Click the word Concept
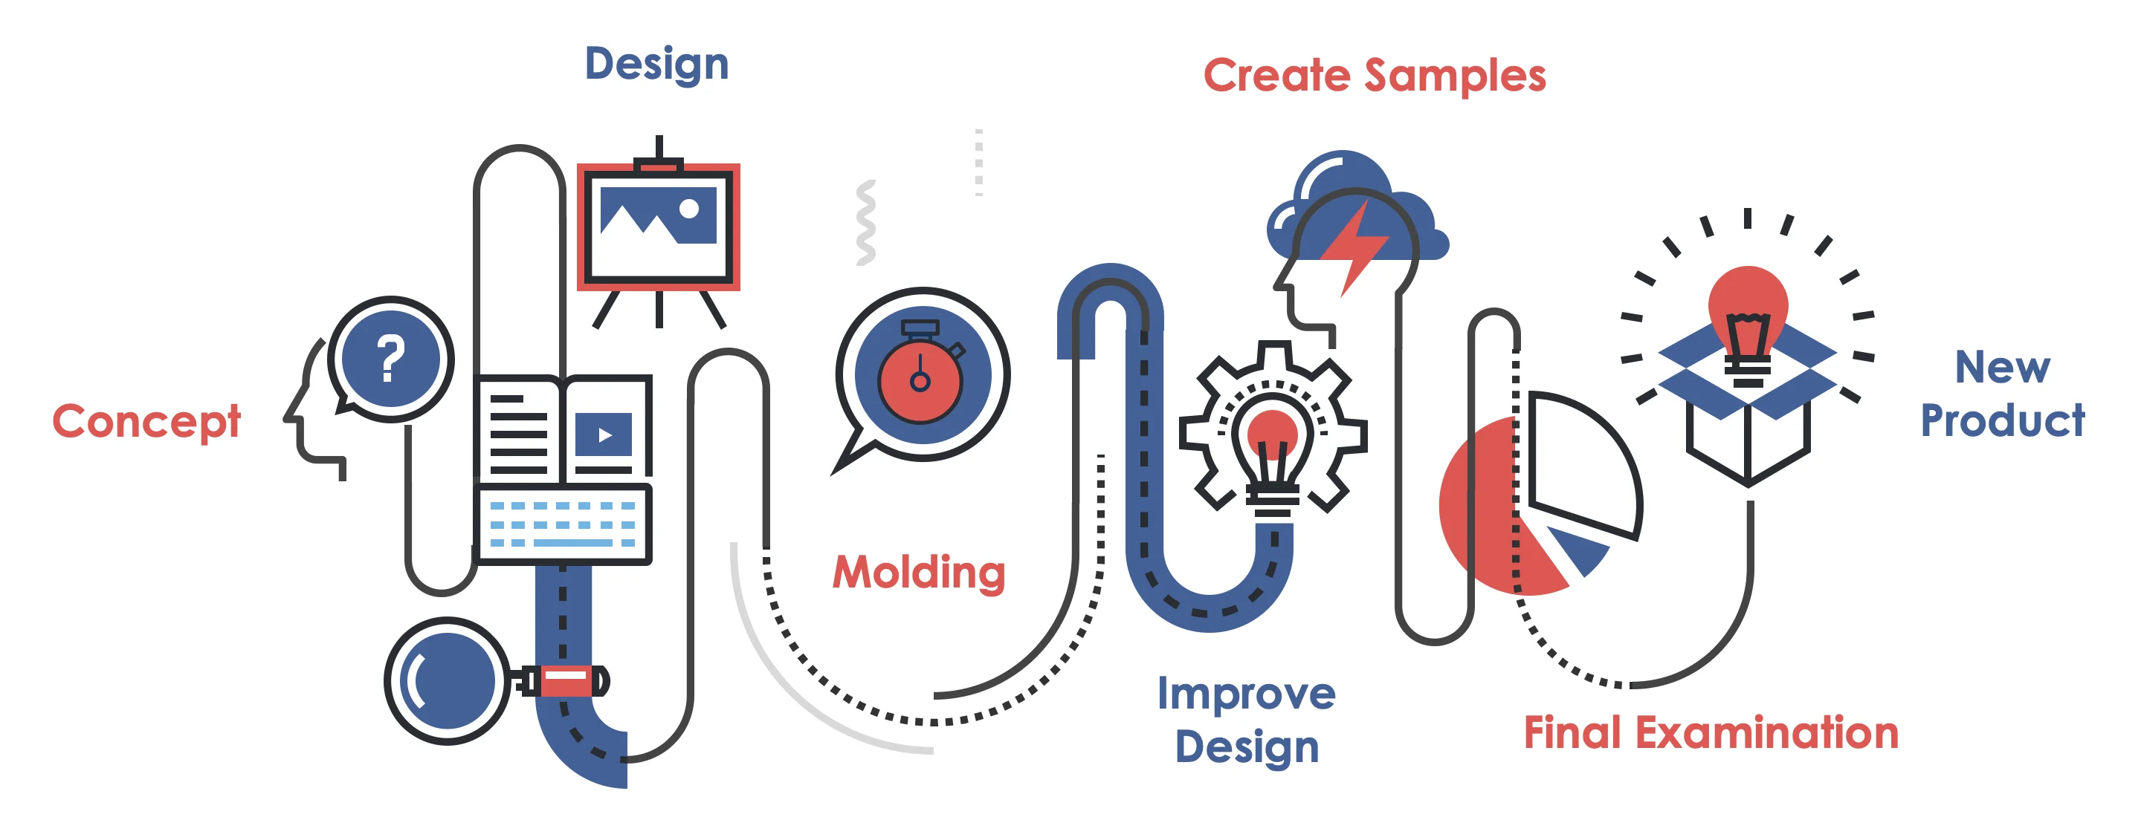click(x=146, y=422)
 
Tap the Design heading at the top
click(x=656, y=65)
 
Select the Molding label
click(x=918, y=573)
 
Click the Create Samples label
click(x=1374, y=77)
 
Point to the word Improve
click(x=1246, y=694)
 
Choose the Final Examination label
click(x=1711, y=733)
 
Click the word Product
click(x=2001, y=420)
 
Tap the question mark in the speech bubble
click(x=390, y=359)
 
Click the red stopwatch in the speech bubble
click(x=920, y=379)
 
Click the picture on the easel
click(x=658, y=216)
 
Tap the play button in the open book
click(x=604, y=435)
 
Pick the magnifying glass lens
click(x=447, y=680)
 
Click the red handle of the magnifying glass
click(x=566, y=680)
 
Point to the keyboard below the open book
click(x=563, y=524)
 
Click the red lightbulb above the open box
click(x=1748, y=316)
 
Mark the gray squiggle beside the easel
click(x=865, y=223)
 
